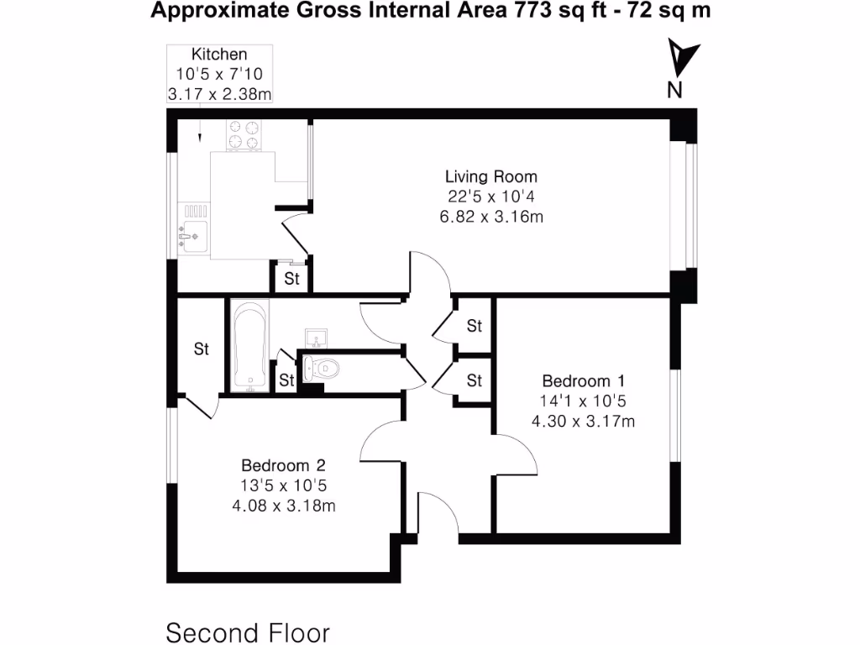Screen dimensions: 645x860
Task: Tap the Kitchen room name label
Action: point(218,55)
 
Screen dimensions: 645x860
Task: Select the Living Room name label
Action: point(490,177)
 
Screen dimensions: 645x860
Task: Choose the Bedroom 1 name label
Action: point(583,380)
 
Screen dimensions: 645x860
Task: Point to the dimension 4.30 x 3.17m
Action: point(583,421)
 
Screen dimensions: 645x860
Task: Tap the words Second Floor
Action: point(248,632)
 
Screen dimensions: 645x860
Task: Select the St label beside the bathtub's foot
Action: point(286,380)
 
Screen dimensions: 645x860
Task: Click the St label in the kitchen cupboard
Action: point(291,280)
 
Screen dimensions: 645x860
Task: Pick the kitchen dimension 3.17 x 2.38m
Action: point(219,94)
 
